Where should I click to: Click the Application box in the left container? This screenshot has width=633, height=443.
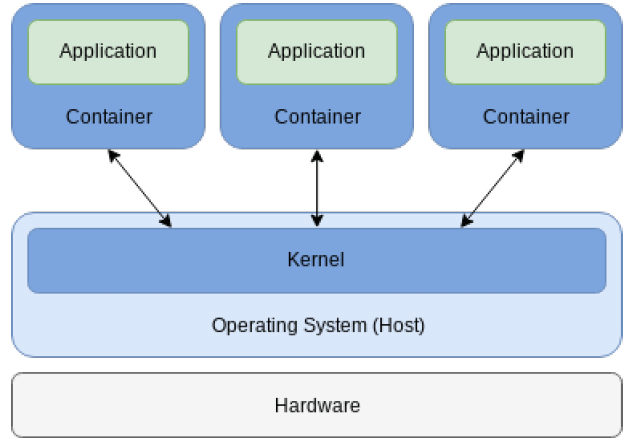[108, 51]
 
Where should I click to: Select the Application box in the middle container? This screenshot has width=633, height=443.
[316, 51]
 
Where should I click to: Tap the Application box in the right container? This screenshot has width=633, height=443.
[525, 51]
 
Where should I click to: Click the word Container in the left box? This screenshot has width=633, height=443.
[109, 117]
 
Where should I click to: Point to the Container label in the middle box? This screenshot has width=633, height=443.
[317, 117]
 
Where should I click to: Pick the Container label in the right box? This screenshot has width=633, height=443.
[526, 117]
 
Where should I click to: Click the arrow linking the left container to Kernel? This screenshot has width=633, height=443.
[140, 188]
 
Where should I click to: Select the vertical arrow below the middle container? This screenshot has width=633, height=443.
[317, 188]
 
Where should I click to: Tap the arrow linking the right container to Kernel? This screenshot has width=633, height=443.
[492, 188]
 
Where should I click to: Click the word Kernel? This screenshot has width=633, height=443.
[316, 260]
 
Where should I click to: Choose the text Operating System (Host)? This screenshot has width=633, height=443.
[317, 325]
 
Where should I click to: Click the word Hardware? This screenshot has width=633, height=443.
[317, 405]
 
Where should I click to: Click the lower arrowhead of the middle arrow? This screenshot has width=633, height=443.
[317, 221]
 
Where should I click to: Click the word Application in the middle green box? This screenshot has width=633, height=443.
[316, 51]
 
